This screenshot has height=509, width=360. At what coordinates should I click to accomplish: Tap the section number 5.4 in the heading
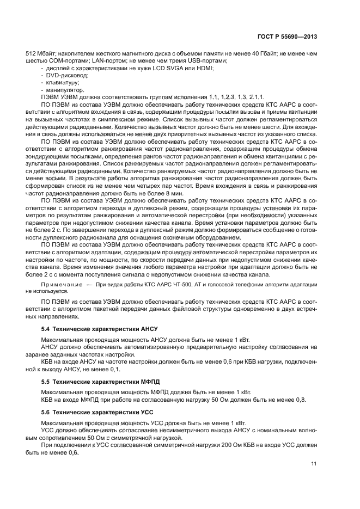point(46,329)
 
